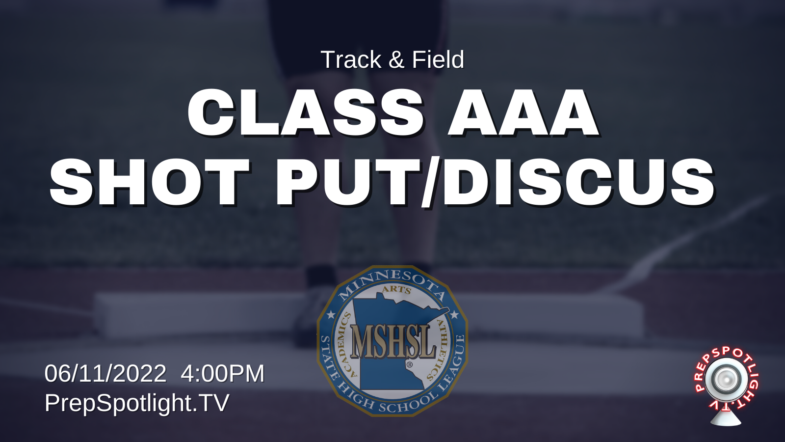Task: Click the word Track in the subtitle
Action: [x=351, y=59]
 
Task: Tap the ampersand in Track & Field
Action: [x=396, y=59]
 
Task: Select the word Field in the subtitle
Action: [x=438, y=59]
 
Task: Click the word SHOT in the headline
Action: [x=150, y=181]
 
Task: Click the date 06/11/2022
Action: [x=105, y=373]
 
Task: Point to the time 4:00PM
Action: [x=223, y=373]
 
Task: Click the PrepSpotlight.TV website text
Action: [x=137, y=403]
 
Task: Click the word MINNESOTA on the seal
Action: [x=392, y=283]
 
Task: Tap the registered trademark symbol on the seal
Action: [x=409, y=365]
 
